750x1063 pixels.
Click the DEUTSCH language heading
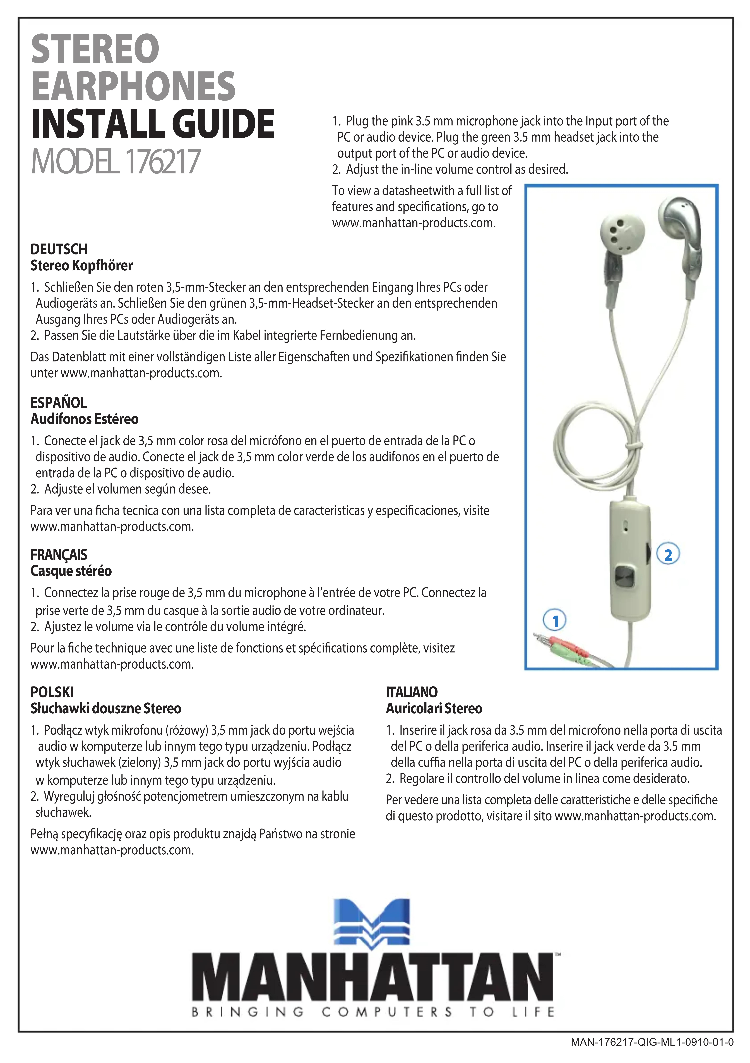pyautogui.click(x=59, y=249)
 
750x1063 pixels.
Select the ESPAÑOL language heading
pyautogui.click(x=59, y=402)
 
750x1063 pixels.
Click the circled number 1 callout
pyautogui.click(x=556, y=620)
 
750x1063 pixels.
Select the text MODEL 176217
pyautogui.click(x=116, y=162)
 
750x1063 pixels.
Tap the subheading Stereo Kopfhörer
pyautogui.click(x=81, y=266)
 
